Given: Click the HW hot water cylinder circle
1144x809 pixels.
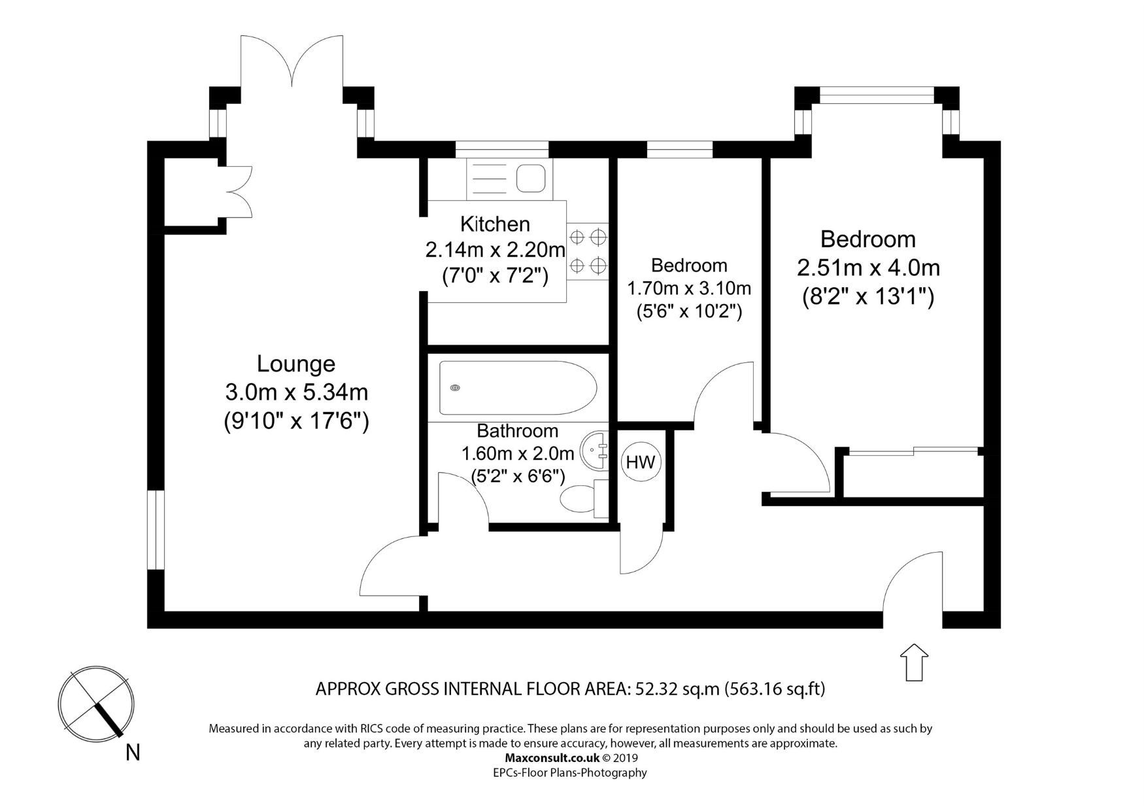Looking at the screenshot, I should tap(641, 462).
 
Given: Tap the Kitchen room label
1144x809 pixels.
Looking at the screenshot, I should tap(495, 224).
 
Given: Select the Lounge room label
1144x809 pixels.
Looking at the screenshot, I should tap(295, 364).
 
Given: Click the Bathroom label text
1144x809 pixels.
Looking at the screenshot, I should tap(517, 431).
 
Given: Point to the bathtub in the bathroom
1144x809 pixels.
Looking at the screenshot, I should tap(518, 388).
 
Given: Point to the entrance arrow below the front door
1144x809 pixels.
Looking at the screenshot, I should tap(914, 662).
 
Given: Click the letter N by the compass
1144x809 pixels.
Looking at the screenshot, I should tap(133, 753).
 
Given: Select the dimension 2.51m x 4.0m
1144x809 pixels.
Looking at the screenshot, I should tap(868, 268).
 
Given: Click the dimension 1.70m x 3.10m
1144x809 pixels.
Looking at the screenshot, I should tap(689, 288).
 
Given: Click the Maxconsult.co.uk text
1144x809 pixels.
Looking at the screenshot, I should tap(552, 758).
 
